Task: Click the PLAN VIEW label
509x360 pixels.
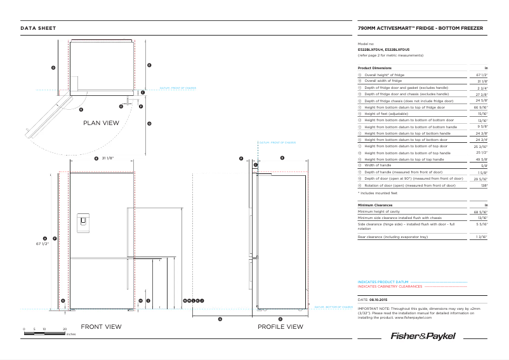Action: pyautogui.click(x=102, y=123)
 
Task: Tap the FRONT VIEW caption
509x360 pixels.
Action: pyautogui.click(x=102, y=327)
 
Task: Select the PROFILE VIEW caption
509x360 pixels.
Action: pyautogui.click(x=280, y=327)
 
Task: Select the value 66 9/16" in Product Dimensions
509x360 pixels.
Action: pyautogui.click(x=481, y=107)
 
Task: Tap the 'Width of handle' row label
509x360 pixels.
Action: pyautogui.click(x=377, y=166)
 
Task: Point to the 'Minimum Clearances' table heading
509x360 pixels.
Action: pyautogui.click(x=375, y=205)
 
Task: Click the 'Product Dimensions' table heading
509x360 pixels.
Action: pyautogui.click(x=374, y=68)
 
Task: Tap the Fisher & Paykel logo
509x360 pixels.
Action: pyautogui.click(x=423, y=335)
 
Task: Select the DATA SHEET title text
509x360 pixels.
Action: pyautogui.click(x=38, y=29)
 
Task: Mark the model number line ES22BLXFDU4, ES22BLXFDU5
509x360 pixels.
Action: pyautogui.click(x=383, y=50)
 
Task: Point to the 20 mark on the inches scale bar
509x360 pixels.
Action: pyautogui.click(x=65, y=329)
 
